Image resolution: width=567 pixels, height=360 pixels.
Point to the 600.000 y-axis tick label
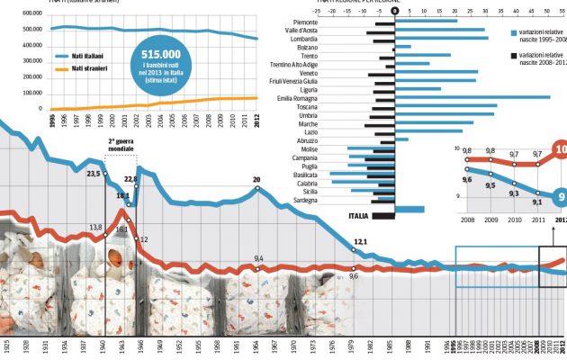[31, 14]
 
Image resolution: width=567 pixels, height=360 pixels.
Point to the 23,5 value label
[94, 172]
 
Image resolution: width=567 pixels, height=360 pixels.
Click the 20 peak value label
[256, 179]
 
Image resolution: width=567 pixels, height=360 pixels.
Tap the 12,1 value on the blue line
[361, 241]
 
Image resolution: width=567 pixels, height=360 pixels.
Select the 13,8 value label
[96, 228]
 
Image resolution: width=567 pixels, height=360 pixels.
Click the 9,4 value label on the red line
[259, 259]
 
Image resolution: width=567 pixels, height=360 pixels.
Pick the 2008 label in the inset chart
[468, 219]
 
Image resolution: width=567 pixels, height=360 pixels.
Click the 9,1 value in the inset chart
[536, 202]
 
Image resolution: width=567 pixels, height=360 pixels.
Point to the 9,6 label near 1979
[354, 275]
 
